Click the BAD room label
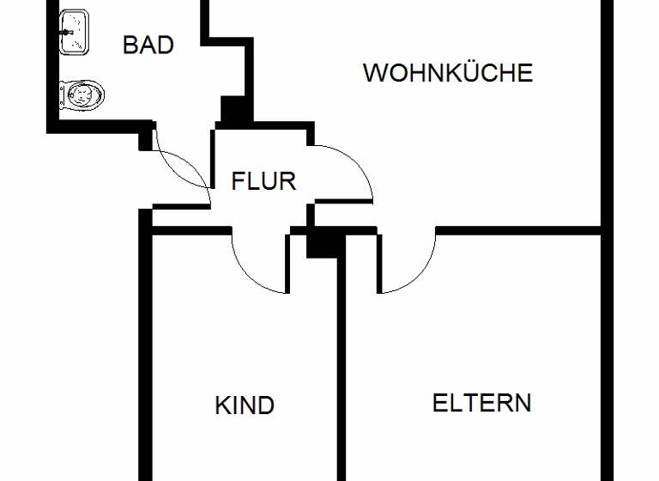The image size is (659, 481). coord(148,45)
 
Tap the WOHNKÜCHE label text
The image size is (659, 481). coord(447,73)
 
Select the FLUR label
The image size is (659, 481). coord(263,181)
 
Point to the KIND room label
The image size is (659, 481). coord(245,405)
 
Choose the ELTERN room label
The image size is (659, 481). coord(481,403)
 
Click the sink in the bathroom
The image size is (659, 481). coord(75,33)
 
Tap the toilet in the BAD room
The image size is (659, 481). coord(82,94)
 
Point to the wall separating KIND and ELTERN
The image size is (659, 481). coord(340,369)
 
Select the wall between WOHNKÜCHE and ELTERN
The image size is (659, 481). coord(515,230)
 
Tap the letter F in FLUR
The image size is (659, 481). coord(239,181)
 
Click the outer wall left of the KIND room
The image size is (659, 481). coord(145,361)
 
